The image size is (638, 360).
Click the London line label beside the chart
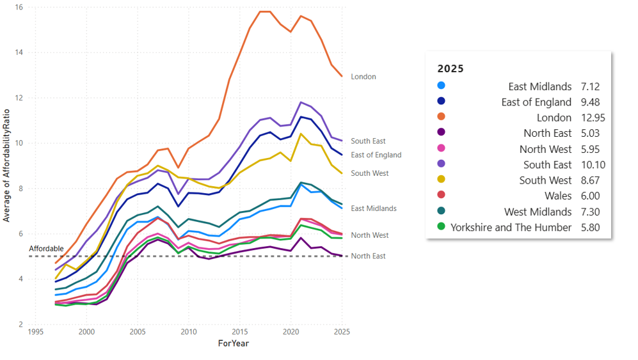(363, 77)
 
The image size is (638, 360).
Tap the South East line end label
(368, 141)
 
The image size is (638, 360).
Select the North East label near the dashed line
(368, 256)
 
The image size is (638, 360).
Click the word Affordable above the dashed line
(46, 249)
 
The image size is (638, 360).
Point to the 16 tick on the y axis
(20, 8)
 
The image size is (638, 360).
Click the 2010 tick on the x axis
(188, 333)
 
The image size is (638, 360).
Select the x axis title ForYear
(233, 343)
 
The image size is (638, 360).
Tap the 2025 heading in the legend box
(451, 68)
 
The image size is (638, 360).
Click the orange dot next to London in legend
(441, 117)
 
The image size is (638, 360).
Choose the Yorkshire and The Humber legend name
(511, 227)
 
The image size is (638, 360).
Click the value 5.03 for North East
(590, 133)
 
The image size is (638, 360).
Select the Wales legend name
(557, 196)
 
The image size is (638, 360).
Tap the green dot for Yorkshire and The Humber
(441, 226)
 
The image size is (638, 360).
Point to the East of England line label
(376, 155)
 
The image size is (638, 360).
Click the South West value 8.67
(590, 180)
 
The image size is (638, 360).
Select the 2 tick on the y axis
(22, 324)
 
